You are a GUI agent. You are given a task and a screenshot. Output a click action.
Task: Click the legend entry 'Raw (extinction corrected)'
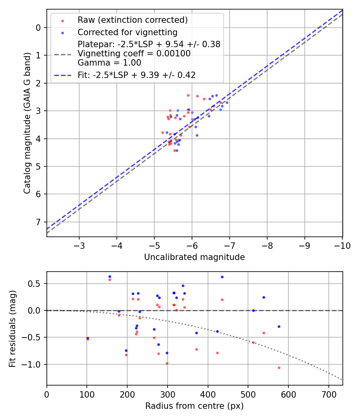pyautogui.click(x=132, y=20)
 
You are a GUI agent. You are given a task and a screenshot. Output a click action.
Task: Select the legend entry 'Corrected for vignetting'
pyautogui.click(x=128, y=32)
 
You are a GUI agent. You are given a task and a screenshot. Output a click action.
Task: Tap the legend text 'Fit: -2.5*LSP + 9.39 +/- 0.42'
pyautogui.click(x=136, y=75)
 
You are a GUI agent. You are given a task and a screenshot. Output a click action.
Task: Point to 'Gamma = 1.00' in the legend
pyautogui.click(x=109, y=62)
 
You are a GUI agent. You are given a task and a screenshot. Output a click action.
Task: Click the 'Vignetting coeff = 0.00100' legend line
pyautogui.click(x=134, y=53)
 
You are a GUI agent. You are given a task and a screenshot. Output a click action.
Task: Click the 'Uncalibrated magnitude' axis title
pyautogui.click(x=194, y=257)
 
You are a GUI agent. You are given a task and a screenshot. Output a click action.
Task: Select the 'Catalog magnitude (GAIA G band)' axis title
pyautogui.click(x=27, y=123)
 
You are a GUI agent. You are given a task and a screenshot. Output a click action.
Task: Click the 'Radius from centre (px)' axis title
pyautogui.click(x=194, y=406)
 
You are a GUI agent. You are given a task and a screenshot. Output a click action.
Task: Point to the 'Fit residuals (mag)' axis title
pyautogui.click(x=13, y=328)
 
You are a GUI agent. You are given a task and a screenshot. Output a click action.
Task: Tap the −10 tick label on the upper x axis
pyautogui.click(x=342, y=245)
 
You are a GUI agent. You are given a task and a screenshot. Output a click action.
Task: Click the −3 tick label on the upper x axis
pyautogui.click(x=79, y=245)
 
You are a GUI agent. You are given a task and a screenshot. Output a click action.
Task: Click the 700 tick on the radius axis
pyautogui.click(x=328, y=394)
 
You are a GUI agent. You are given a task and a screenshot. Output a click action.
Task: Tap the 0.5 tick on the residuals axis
pyautogui.click(x=35, y=284)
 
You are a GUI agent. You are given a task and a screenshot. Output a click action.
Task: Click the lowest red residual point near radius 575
pyautogui.click(x=279, y=368)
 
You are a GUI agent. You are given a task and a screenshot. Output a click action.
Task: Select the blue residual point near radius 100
pyautogui.click(x=88, y=338)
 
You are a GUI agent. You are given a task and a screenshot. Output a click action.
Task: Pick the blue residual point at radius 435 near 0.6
pyautogui.click(x=222, y=277)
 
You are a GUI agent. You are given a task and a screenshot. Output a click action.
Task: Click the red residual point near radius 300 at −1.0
pyautogui.click(x=167, y=363)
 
